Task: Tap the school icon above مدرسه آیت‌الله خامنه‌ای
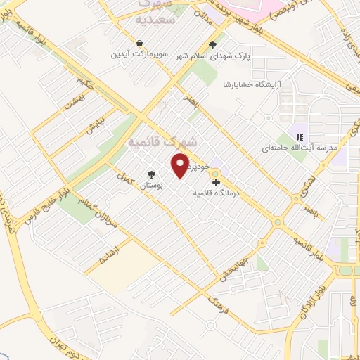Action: point(298,137)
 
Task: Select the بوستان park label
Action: point(150,186)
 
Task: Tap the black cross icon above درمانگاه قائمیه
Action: point(215,184)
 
